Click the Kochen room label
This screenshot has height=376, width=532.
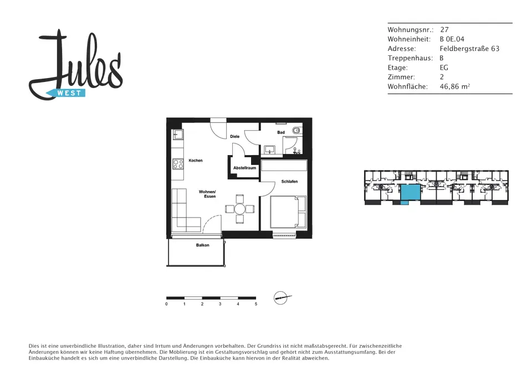196,161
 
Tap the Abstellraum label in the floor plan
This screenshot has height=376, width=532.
244,168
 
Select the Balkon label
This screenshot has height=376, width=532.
203,245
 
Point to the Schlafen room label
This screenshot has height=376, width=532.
289,182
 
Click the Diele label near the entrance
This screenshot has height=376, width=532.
235,137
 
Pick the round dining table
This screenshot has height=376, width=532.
239,209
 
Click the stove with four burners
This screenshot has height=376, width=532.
178,164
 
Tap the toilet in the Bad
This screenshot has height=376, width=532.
297,130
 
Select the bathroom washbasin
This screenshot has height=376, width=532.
270,149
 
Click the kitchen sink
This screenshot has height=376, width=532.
178,135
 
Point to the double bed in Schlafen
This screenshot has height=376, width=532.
288,212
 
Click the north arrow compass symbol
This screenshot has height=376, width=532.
282,298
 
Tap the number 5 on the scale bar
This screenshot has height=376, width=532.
256,304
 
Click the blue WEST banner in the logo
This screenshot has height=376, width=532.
66,93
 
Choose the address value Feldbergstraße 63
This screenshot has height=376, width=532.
469,49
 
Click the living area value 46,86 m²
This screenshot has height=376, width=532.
454,86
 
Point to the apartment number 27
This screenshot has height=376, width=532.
444,29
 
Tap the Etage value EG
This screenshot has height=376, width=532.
444,68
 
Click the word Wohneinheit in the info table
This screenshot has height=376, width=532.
409,39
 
